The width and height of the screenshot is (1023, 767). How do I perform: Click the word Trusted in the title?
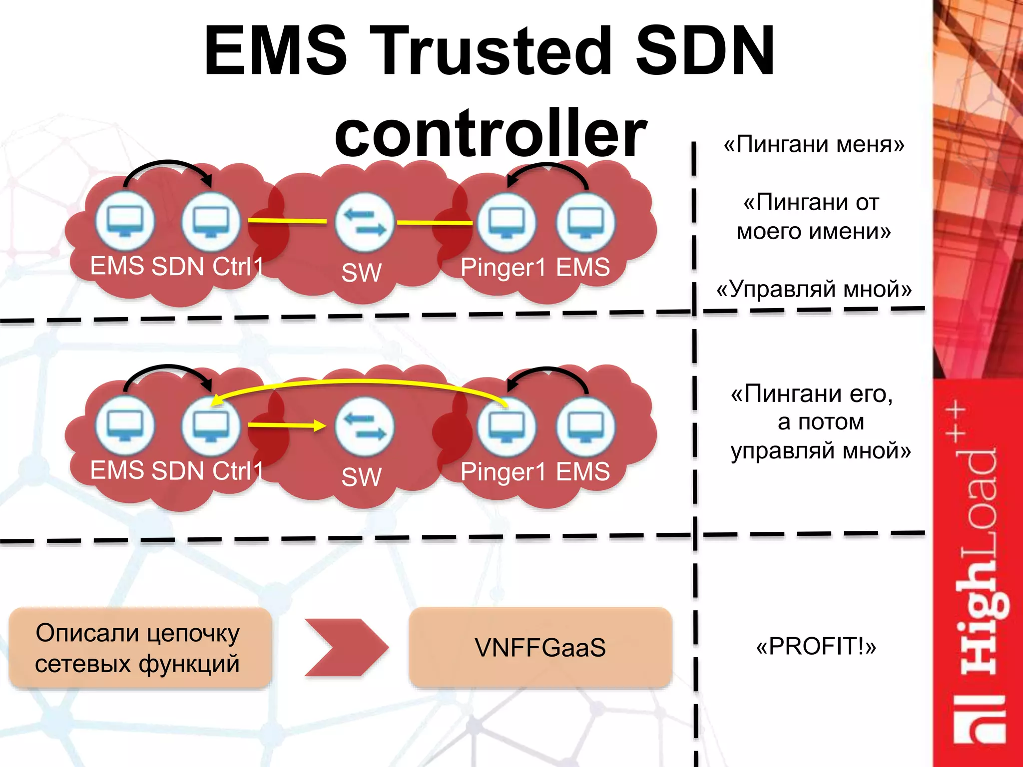tap(492, 51)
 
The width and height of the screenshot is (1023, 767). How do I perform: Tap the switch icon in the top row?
tap(365, 222)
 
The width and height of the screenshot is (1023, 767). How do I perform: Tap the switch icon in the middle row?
tap(365, 426)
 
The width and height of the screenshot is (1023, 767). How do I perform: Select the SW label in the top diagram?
tap(362, 273)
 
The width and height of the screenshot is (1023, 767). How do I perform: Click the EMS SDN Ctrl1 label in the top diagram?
tap(176, 266)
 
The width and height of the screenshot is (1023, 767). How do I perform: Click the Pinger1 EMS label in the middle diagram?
tap(535, 472)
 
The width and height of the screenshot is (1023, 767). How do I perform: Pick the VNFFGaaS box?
tap(540, 648)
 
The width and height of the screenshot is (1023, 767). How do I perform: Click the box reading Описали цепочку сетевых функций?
tap(140, 648)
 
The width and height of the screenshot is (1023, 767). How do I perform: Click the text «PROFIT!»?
tap(816, 646)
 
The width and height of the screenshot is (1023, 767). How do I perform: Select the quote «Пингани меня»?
tap(814, 144)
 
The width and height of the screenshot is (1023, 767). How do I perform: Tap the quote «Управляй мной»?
tap(814, 289)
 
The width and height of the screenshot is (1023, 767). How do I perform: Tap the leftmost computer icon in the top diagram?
tap(125, 221)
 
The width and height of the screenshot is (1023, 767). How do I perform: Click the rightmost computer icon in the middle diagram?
tap(585, 426)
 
